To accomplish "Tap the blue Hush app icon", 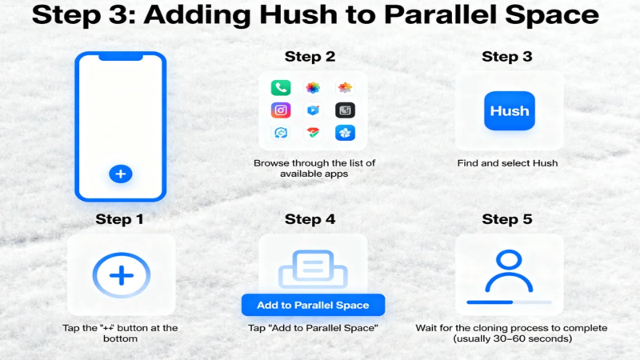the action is pyautogui.click(x=510, y=110).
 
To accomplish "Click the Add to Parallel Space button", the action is pyautogui.click(x=313, y=305).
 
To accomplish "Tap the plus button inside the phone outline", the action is pyautogui.click(x=121, y=174).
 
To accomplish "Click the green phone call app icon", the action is pyautogui.click(x=281, y=88).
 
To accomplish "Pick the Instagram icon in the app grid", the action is pyautogui.click(x=281, y=110).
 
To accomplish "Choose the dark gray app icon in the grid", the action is pyautogui.click(x=345, y=110).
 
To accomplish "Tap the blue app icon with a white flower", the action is pyautogui.click(x=345, y=133).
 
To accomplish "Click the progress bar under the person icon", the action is pyautogui.click(x=510, y=302).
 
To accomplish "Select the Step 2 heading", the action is pyautogui.click(x=310, y=56).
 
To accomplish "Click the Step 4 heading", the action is pyautogui.click(x=310, y=219).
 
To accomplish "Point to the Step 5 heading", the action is pyautogui.click(x=507, y=219).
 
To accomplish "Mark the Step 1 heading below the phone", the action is pyautogui.click(x=119, y=219).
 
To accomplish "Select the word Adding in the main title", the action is pyautogui.click(x=198, y=15).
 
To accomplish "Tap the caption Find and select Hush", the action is pyautogui.click(x=507, y=163).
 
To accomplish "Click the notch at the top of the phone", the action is pyautogui.click(x=121, y=57).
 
